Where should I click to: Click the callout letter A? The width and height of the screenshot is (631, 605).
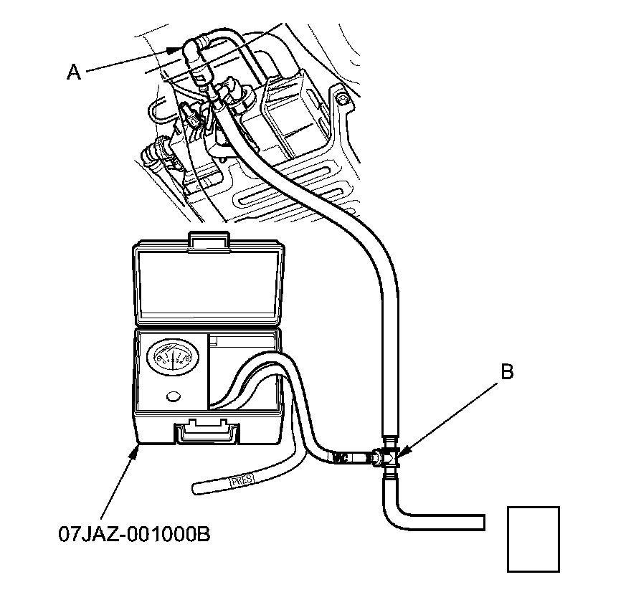click(x=73, y=71)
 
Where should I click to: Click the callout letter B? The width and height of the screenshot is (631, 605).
click(x=507, y=372)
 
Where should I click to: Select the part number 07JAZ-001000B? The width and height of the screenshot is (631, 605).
click(x=134, y=535)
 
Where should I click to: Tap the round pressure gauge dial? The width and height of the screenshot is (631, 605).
click(x=171, y=360)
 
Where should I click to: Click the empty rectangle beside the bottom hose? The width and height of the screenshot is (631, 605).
click(x=533, y=539)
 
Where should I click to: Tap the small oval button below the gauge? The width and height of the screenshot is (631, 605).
click(x=173, y=396)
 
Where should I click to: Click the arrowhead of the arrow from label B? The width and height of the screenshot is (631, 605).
click(x=402, y=452)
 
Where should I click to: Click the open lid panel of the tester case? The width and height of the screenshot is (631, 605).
click(x=208, y=283)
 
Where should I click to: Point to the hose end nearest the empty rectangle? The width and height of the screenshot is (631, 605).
click(x=483, y=522)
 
